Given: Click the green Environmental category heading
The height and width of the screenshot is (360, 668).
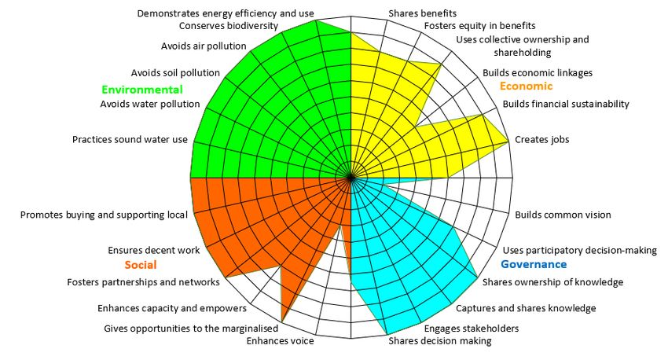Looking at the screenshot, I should tap(141, 90).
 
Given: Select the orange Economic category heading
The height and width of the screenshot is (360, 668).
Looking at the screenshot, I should tap(526, 86).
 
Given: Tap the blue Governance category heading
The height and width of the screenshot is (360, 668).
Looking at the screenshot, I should tap(534, 264).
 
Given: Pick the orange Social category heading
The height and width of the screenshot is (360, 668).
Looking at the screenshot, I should tap(141, 264).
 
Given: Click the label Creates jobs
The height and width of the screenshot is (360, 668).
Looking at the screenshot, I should tap(541, 140).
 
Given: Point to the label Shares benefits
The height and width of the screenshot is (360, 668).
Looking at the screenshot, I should tap(422, 13).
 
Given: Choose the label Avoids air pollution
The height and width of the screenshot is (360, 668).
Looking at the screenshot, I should tap(204, 46).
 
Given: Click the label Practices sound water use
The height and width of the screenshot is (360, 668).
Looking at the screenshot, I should tap(130, 140).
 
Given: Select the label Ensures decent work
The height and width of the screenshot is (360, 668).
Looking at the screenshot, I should tap(153, 251).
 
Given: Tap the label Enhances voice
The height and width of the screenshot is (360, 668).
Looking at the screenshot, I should tap(280, 341).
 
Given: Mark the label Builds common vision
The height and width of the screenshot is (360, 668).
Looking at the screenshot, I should tap(563, 215).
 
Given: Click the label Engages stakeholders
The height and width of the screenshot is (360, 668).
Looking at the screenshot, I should tap(472, 328).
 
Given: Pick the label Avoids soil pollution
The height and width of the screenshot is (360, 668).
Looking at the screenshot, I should tap(175, 73).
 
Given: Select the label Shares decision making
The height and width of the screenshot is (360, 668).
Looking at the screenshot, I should tap(440, 341).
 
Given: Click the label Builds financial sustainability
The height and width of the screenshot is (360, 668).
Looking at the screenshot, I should tap(566, 104).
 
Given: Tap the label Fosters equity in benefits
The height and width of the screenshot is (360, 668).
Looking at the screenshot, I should tap(469, 25).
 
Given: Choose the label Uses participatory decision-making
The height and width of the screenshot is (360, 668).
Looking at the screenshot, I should tap(579, 251).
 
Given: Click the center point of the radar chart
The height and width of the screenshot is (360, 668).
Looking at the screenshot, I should tap(351, 178).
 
